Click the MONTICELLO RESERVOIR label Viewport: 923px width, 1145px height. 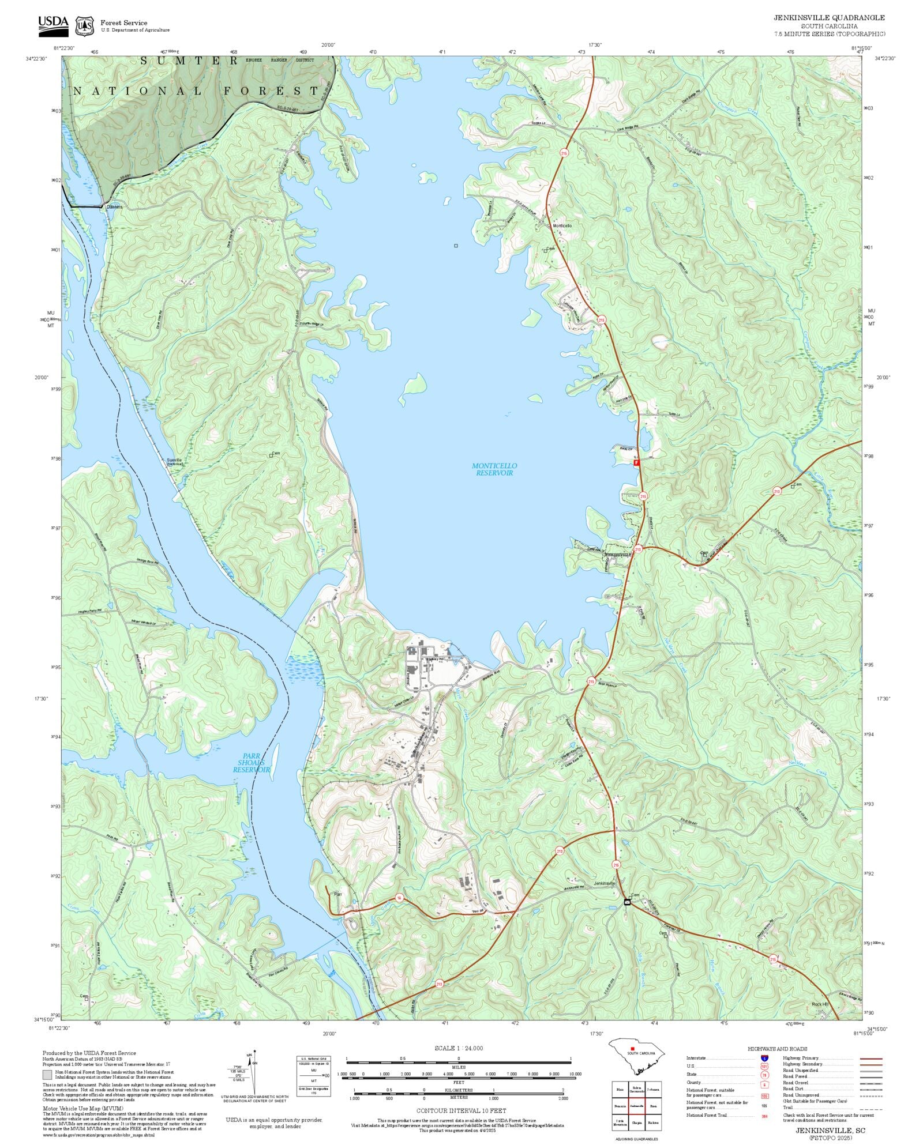click(494, 469)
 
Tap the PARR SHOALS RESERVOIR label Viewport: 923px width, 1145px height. click(252, 762)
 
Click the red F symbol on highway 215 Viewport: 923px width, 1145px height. click(636, 462)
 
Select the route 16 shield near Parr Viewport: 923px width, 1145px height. click(399, 898)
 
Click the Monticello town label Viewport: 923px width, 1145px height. click(562, 226)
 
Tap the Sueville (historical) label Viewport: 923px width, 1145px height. click(174, 461)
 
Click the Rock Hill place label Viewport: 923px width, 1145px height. click(820, 1004)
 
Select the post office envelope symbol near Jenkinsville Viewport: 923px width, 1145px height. click(627, 902)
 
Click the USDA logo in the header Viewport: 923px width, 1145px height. click(53, 26)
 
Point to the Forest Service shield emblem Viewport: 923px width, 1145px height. click(85, 26)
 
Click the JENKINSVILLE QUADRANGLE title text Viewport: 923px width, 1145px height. click(829, 18)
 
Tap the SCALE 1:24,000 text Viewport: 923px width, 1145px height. click(459, 1048)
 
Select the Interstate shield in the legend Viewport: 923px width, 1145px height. click(764, 1059)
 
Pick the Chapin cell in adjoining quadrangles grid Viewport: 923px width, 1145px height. click(637, 1123)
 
